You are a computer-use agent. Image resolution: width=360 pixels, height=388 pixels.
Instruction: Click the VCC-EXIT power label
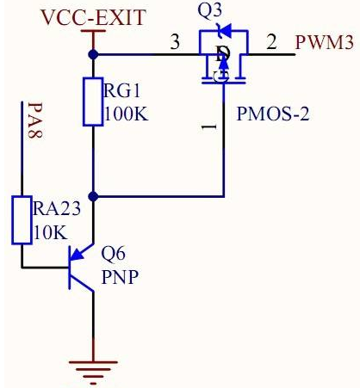click(x=94, y=17)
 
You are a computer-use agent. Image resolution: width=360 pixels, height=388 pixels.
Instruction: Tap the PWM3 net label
click(x=325, y=42)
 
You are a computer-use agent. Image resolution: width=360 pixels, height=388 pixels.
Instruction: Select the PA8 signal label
click(x=35, y=120)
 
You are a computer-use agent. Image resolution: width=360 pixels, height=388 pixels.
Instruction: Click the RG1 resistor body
click(x=93, y=102)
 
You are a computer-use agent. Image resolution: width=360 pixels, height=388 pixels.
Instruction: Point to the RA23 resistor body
click(x=22, y=220)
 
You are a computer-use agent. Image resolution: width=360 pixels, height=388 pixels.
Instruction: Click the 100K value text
click(x=127, y=114)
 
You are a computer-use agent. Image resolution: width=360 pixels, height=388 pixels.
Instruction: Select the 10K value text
click(x=51, y=232)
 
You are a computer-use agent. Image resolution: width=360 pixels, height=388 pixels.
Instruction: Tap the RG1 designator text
click(x=122, y=90)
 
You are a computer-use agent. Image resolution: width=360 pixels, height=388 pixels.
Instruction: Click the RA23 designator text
click(x=57, y=208)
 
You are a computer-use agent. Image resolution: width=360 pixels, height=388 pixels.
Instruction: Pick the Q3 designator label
click(x=210, y=11)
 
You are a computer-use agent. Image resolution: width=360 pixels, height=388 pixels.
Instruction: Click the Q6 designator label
click(x=114, y=254)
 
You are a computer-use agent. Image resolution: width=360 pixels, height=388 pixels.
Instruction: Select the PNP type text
click(x=121, y=277)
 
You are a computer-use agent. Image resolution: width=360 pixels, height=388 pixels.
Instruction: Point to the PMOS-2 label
click(x=273, y=114)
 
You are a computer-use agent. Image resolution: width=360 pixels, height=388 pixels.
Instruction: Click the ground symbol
click(x=93, y=373)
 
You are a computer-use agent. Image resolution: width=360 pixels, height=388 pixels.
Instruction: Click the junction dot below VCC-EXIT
click(x=93, y=54)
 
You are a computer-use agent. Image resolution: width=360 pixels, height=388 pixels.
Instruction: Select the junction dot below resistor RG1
click(x=93, y=196)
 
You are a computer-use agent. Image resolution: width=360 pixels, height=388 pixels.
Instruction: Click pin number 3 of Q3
click(x=175, y=42)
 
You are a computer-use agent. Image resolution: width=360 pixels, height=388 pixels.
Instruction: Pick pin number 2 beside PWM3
click(x=271, y=42)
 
